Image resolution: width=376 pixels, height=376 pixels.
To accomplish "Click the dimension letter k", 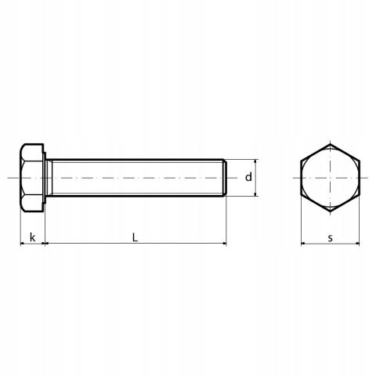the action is tap(32, 237).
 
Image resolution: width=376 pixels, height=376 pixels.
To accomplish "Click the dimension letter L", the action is tap(135, 237).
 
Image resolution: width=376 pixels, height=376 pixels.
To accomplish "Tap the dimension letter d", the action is tap(248, 177).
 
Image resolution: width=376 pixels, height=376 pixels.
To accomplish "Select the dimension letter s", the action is tap(331, 238).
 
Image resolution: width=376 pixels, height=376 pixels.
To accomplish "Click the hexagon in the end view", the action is tap(301, 178).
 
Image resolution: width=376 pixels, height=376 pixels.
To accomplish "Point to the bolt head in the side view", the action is tap(32, 178).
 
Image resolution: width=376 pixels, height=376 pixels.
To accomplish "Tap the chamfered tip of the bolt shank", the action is tap(225, 178).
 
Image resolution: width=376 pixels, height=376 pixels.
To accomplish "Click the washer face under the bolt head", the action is tap(45, 178).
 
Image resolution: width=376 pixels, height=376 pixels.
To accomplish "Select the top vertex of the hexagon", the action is tap(331, 144).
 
